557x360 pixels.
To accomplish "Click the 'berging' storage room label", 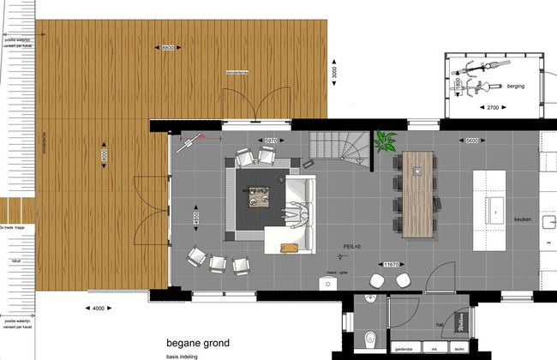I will pyautogui.click(x=514, y=87).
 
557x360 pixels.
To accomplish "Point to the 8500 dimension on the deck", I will pyautogui.click(x=169, y=49).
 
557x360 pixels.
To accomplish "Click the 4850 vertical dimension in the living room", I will pyautogui.click(x=197, y=218).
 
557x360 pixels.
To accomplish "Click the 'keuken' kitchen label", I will pyautogui.click(x=524, y=219).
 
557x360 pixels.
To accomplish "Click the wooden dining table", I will pyautogui.click(x=418, y=193).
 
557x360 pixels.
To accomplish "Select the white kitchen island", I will pyautogui.click(x=494, y=198).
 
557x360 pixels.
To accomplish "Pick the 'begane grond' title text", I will pyautogui.click(x=198, y=343).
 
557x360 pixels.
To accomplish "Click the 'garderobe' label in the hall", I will pyautogui.click(x=404, y=350).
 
